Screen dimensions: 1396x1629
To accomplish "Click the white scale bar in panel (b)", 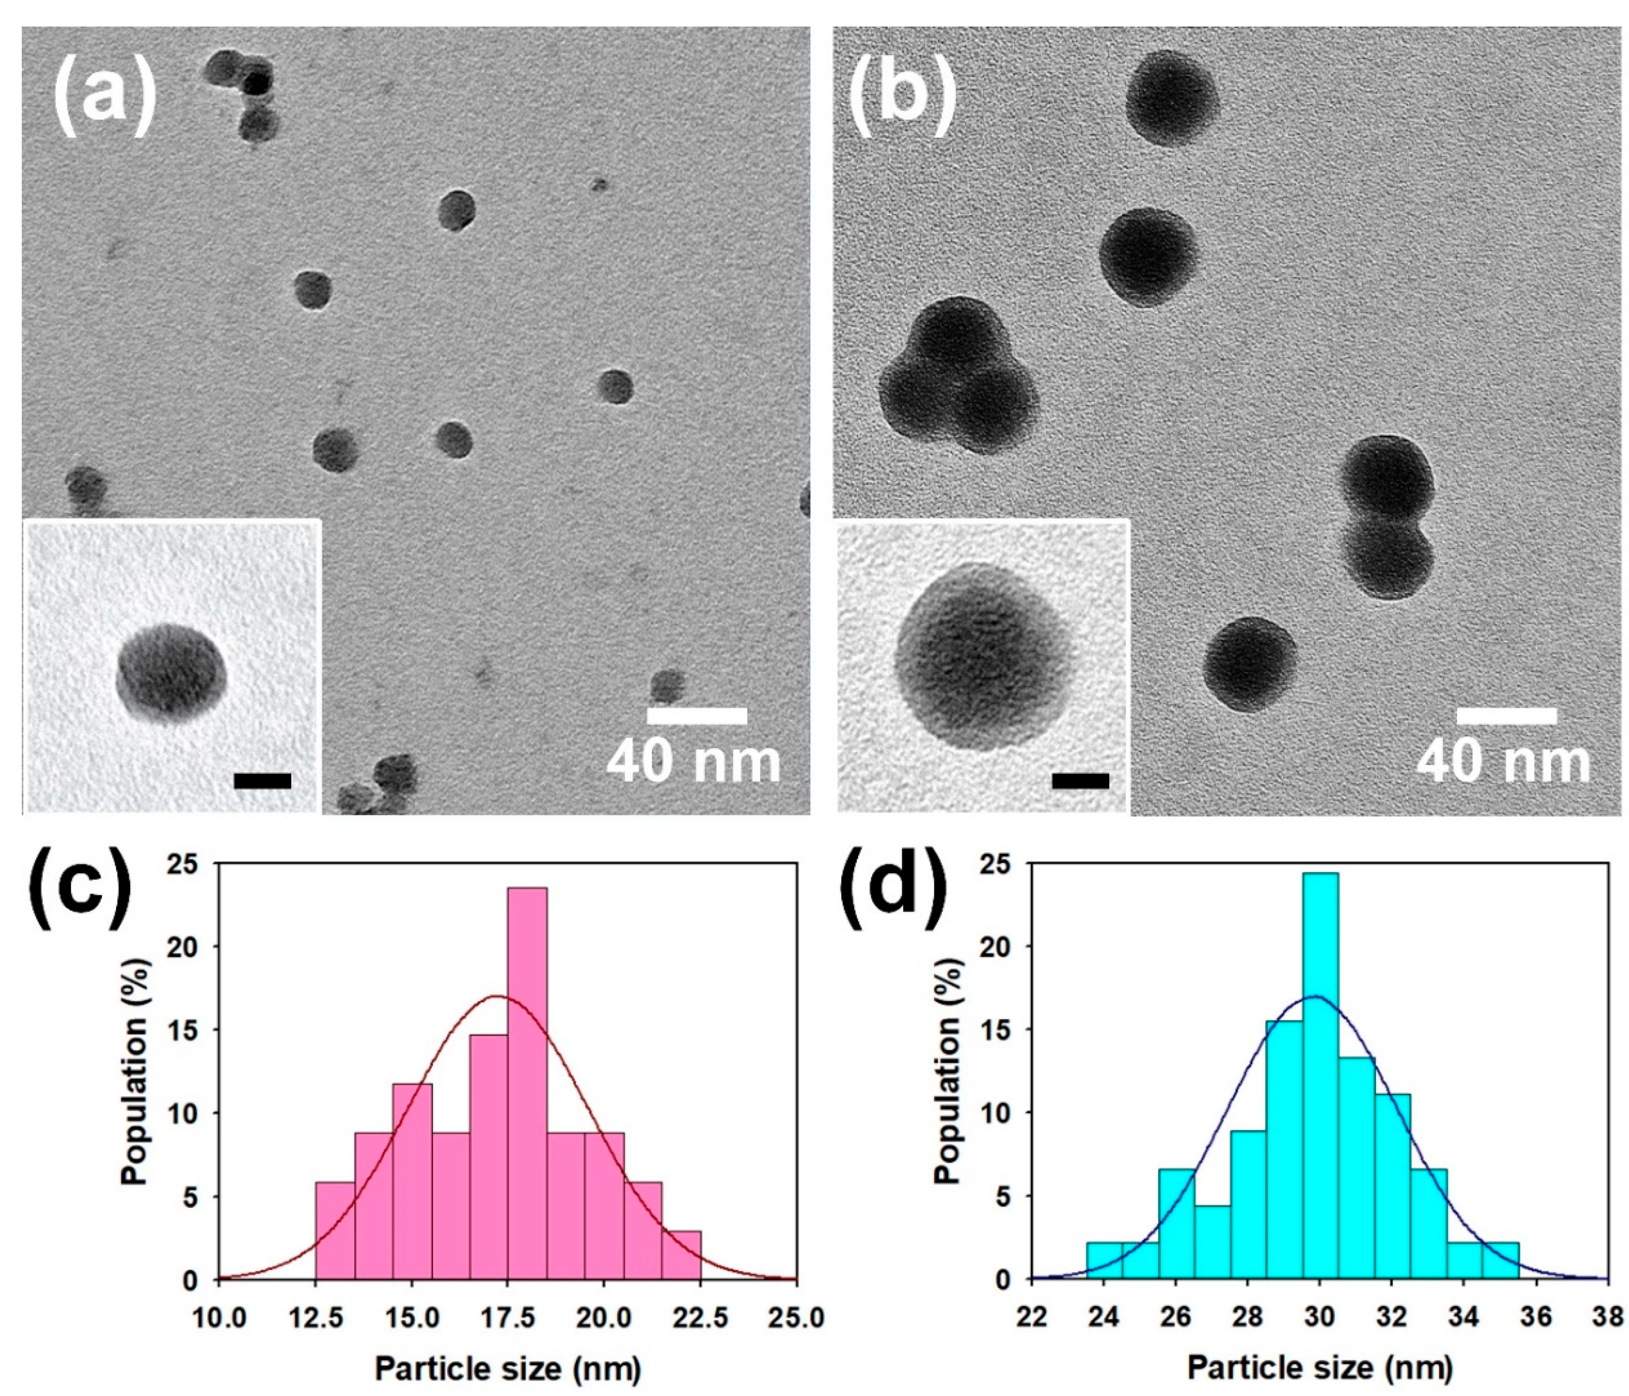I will point(1506,716).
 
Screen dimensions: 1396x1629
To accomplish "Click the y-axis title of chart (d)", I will point(950,1101).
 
